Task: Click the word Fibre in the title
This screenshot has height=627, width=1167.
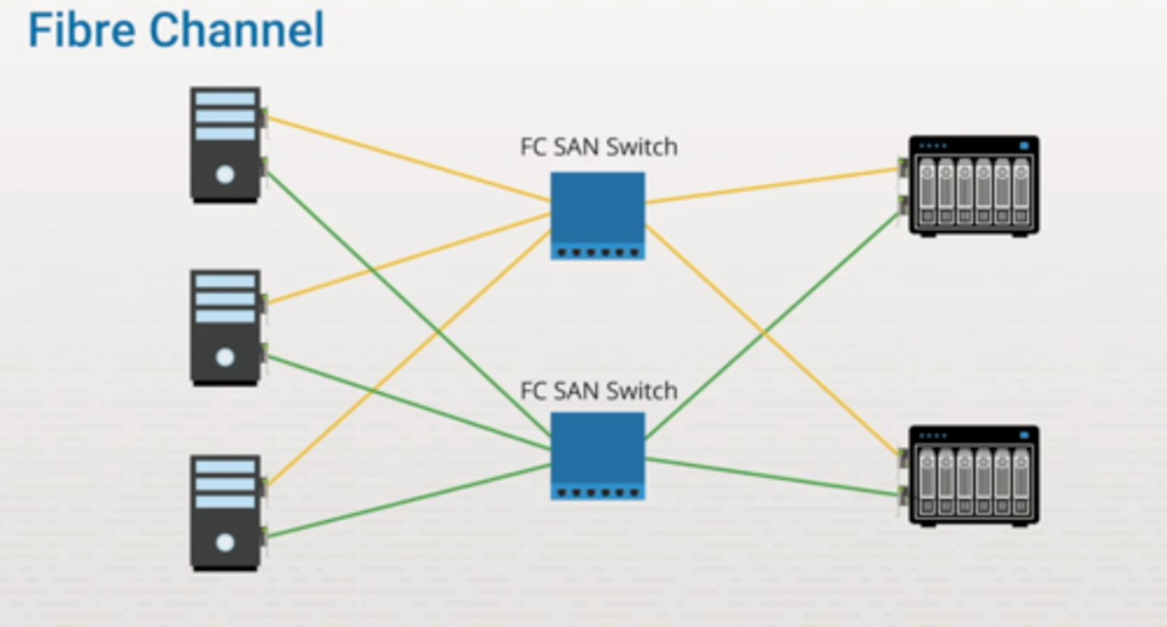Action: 84,31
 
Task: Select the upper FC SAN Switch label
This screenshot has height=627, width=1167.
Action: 598,147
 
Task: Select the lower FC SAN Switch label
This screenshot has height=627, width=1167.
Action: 598,390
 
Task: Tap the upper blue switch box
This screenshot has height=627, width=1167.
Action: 598,207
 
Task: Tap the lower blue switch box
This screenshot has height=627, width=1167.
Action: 598,447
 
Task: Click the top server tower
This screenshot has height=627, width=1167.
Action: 225,144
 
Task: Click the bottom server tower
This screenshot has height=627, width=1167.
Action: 225,512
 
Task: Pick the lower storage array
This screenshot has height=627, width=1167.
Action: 973,476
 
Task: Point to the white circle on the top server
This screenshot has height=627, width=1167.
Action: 225,173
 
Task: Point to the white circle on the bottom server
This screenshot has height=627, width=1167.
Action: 225,542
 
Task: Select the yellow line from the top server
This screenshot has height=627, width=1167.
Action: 405,158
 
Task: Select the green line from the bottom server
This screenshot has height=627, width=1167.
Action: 405,501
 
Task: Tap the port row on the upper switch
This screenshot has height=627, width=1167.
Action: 598,252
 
